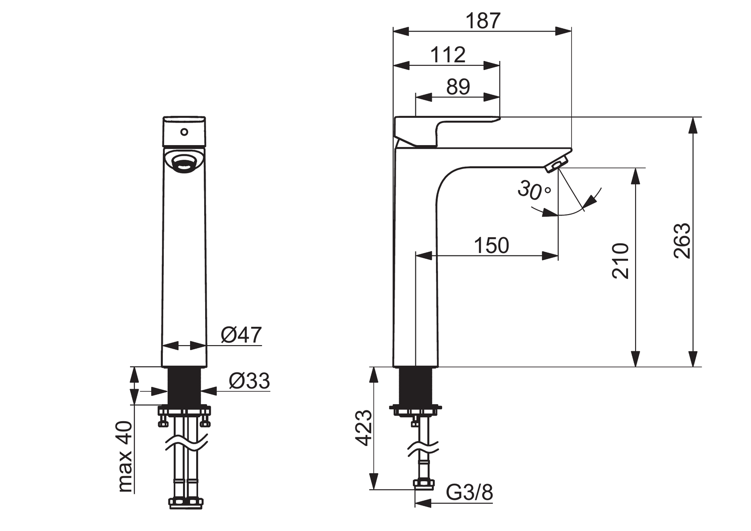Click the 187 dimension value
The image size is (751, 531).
(483, 21)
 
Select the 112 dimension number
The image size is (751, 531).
(448, 54)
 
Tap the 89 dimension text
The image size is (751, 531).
(458, 87)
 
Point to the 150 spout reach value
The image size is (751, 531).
(491, 246)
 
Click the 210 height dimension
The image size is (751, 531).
(620, 261)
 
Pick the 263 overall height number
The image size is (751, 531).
(682, 241)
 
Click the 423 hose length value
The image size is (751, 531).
(363, 428)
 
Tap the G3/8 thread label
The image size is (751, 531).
(469, 493)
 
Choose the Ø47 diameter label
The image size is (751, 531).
(241, 335)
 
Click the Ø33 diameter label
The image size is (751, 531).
(249, 381)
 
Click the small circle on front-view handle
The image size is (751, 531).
(184, 132)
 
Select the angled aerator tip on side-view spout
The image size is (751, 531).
(557, 165)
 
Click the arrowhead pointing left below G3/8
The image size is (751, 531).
(423, 503)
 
